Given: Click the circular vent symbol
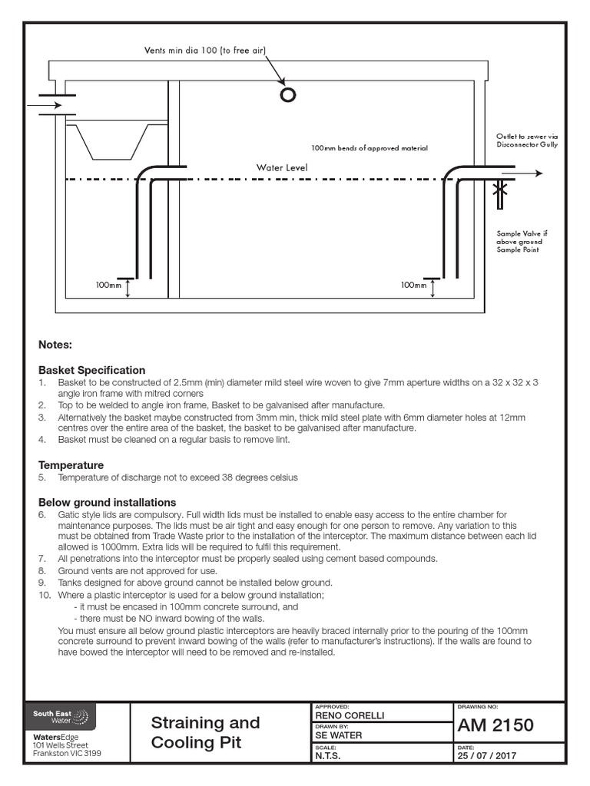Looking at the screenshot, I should click(289, 94).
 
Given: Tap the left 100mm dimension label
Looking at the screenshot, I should click(109, 286).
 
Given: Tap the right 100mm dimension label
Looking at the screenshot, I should click(413, 286).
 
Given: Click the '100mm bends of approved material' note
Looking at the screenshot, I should click(369, 148).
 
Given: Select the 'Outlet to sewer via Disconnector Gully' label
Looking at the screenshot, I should click(527, 140).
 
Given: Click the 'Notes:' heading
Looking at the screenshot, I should click(55, 345).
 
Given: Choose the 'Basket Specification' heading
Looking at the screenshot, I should click(91, 370).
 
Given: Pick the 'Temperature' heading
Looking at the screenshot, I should click(71, 465).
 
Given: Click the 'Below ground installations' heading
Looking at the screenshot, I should click(108, 502).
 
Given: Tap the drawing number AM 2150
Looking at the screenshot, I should click(496, 725).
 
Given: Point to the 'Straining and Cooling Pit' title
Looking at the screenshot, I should click(206, 732).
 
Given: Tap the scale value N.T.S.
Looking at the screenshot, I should click(330, 755).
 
